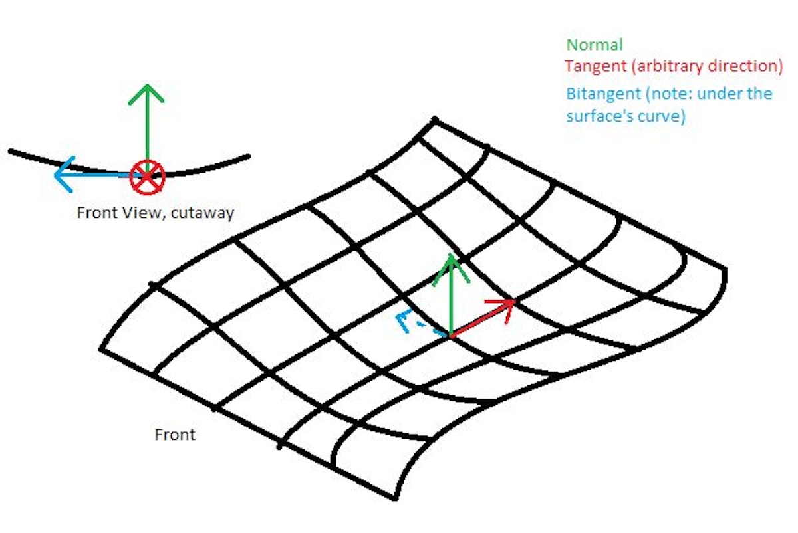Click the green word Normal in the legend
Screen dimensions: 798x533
point(595,45)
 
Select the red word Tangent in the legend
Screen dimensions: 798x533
point(596,67)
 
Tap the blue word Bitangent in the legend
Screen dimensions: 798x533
point(604,94)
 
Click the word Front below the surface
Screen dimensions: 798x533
point(175,435)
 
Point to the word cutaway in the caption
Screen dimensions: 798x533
point(202,213)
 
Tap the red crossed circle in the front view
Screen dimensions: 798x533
point(147,177)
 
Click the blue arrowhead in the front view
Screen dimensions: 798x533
point(64,175)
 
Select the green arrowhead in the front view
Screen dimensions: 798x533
point(146,94)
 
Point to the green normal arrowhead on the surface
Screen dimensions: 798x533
point(451,268)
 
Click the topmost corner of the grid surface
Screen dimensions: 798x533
point(434,119)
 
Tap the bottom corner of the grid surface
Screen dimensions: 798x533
point(395,498)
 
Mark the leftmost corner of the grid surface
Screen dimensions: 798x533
point(101,349)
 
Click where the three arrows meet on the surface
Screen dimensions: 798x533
point(451,336)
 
